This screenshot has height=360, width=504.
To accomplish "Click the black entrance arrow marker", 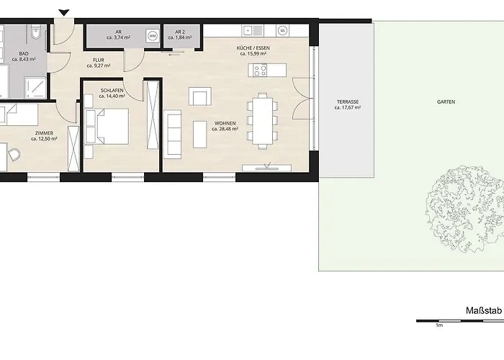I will coord(64,12).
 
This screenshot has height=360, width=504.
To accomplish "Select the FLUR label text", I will coord(99,61).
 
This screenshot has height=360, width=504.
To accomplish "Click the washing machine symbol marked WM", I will coord(152,35).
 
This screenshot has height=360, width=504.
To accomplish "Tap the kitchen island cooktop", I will coord(259,71).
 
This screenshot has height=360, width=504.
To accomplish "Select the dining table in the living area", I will coord(261,118).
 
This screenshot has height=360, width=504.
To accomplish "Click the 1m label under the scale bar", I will coord(438,325).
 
